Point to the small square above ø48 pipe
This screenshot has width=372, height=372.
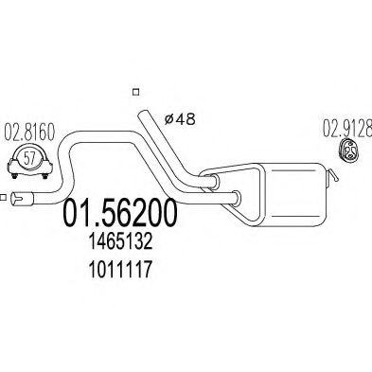coord(135,92)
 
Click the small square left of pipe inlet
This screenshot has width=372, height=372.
coord(5,199)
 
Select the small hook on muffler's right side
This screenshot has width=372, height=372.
coord(328,174)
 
